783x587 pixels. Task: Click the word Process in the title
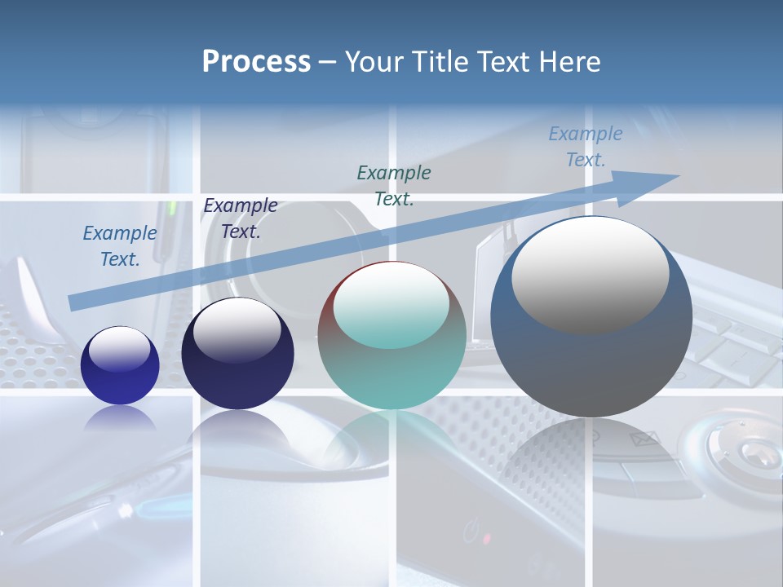256,62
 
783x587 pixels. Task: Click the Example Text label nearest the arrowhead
586,147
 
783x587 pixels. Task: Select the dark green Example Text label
394,185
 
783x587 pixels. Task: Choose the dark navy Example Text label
241,218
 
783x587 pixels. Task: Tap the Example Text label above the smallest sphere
120,245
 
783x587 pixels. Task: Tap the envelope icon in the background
644,441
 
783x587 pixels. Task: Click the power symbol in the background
470,533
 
